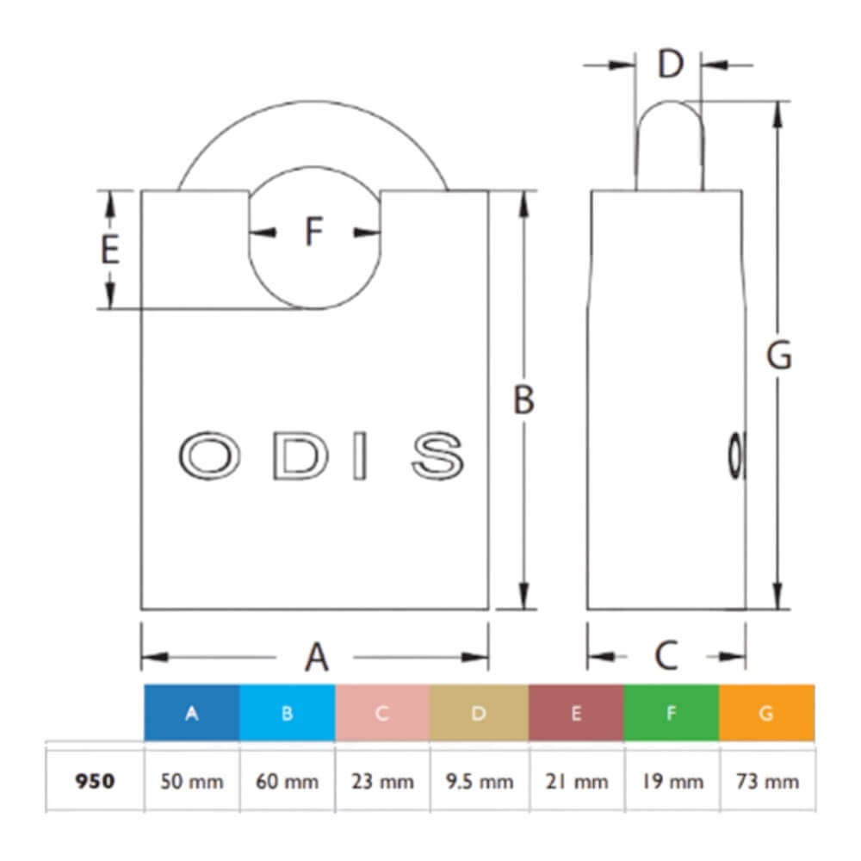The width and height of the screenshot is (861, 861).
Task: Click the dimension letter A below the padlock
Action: pos(318,657)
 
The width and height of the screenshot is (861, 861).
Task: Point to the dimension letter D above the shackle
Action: pos(669,65)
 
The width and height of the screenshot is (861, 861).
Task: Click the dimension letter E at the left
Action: pos(109,251)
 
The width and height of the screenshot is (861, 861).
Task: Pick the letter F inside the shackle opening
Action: pos(314,232)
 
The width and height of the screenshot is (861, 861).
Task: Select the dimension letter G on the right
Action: pos(778,356)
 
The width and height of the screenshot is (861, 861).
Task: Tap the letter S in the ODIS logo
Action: pos(437,455)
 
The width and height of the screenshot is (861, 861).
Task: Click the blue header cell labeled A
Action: pos(192,713)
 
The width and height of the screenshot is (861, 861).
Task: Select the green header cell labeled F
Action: pos(671,713)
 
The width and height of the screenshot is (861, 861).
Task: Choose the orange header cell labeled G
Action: pos(766,713)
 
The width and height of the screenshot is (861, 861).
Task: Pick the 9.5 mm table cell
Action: pos(479,781)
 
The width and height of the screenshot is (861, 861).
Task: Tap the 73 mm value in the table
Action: pos(766,781)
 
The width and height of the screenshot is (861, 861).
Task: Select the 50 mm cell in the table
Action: pos(192,781)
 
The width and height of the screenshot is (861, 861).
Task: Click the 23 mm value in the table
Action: pos(383,781)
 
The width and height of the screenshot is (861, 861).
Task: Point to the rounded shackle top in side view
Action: pos(670,116)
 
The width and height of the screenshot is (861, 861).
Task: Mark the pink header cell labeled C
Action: pos(383,713)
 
